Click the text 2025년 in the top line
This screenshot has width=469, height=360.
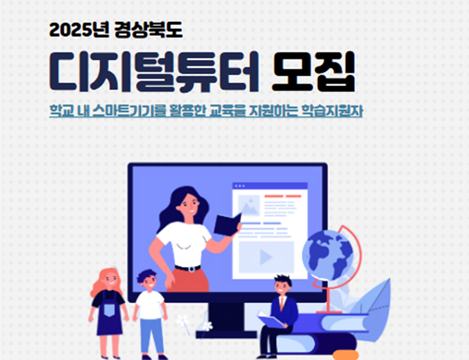[79, 30]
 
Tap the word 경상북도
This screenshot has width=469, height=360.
[149, 30]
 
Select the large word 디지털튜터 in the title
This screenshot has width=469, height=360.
[154, 71]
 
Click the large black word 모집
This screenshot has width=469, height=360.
[313, 71]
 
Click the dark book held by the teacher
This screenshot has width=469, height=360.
[227, 224]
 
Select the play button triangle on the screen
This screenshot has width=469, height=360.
[266, 257]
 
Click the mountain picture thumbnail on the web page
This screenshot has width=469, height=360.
[249, 205]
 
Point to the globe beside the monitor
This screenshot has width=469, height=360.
[328, 255]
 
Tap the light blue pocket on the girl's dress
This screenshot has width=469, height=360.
[109, 308]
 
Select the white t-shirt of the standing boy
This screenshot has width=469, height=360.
[150, 305]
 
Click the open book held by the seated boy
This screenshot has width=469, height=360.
[270, 320]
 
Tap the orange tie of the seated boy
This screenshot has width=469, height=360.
[281, 304]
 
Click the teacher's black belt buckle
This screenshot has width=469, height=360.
[191, 269]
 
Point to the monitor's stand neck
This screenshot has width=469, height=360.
[226, 317]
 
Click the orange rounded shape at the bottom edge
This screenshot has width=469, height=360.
[345, 355]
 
